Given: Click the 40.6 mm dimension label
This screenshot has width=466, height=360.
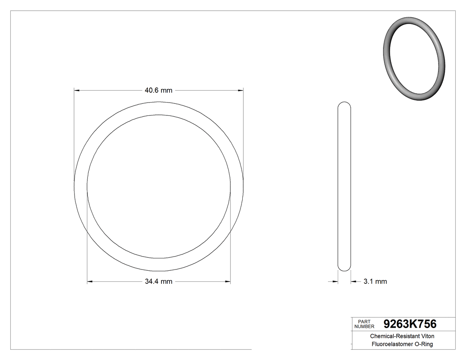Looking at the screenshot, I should pos(158,91).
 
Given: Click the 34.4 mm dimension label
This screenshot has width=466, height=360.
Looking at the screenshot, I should pos(158,281).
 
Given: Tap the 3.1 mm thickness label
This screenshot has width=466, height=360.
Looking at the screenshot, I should pos(375,281).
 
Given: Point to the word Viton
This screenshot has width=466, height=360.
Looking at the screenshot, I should pos(425,336).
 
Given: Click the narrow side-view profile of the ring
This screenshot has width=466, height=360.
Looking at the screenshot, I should pos(344,186).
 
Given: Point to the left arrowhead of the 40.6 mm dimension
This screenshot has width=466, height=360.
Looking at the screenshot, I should pos(76,91).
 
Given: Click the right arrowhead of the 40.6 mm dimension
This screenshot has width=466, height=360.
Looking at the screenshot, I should pos(241,91).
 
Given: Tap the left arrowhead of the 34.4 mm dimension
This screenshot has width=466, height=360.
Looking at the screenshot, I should pos(90,281).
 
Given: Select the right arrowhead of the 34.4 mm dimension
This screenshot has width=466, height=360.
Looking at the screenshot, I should pos(228,281).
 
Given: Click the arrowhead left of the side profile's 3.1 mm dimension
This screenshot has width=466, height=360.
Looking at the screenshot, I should pos(335,281).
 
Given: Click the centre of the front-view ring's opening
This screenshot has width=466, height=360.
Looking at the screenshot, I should pos(159,186).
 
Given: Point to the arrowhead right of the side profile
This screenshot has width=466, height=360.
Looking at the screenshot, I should pos(353,281).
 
